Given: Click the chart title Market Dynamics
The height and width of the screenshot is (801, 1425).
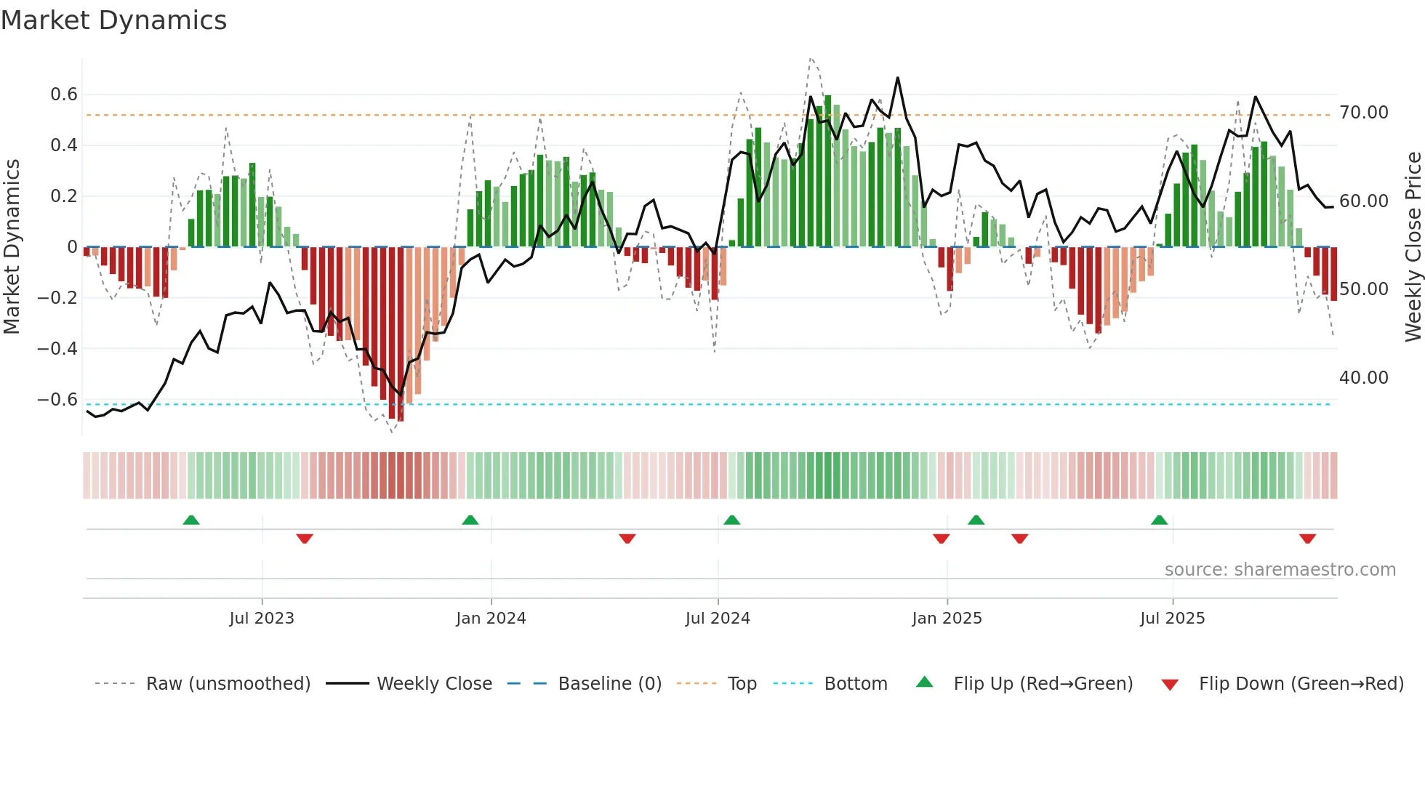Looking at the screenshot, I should click(x=113, y=20).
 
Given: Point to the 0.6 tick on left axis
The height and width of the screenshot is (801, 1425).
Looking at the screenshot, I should click(x=64, y=94).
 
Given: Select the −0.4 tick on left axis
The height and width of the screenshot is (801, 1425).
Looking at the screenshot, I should click(x=57, y=349).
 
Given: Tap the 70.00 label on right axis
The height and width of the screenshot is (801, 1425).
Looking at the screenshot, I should click(x=1364, y=113).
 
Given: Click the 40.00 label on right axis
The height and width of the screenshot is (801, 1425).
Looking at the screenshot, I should click(x=1364, y=378).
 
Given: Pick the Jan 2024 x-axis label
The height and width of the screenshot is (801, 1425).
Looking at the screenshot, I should click(x=491, y=619).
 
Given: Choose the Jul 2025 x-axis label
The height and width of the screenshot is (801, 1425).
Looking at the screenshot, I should click(x=1172, y=619).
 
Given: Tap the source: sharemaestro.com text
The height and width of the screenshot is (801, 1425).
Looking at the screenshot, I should click(x=1280, y=570).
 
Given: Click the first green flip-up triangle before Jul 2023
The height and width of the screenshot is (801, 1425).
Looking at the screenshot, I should click(x=191, y=520).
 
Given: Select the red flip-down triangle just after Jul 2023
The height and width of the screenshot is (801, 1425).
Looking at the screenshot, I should click(x=305, y=539).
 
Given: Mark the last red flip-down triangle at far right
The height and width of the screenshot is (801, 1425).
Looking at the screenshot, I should click(x=1307, y=539).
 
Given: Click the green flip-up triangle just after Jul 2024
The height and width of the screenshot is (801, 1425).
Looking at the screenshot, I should click(x=732, y=520).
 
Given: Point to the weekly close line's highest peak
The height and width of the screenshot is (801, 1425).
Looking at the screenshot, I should click(x=898, y=78).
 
